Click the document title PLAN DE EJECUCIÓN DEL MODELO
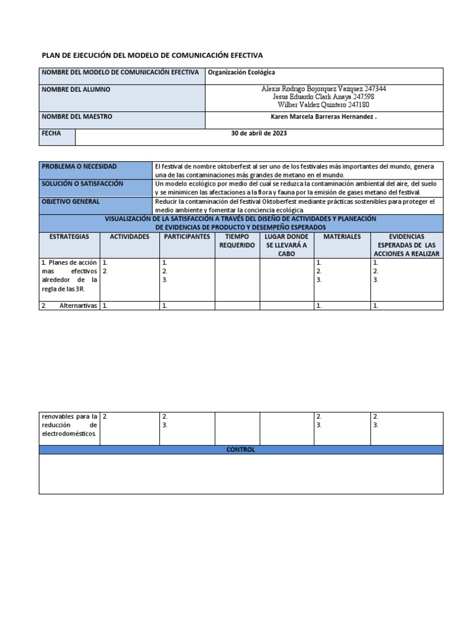[152, 55]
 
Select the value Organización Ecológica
[241, 72]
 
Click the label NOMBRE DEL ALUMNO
[76, 89]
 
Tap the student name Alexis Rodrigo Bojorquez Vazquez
[308, 89]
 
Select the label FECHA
[51, 133]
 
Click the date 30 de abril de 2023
[258, 133]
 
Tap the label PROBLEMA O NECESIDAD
[79, 167]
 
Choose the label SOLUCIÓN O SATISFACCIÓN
[82, 184]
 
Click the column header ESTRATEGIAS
[69, 236]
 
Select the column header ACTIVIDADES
[129, 236]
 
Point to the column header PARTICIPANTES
[186, 236]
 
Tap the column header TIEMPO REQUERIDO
[237, 240]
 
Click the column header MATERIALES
[342, 236]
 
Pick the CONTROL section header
[241, 450]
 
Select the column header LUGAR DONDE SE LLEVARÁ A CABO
[286, 245]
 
